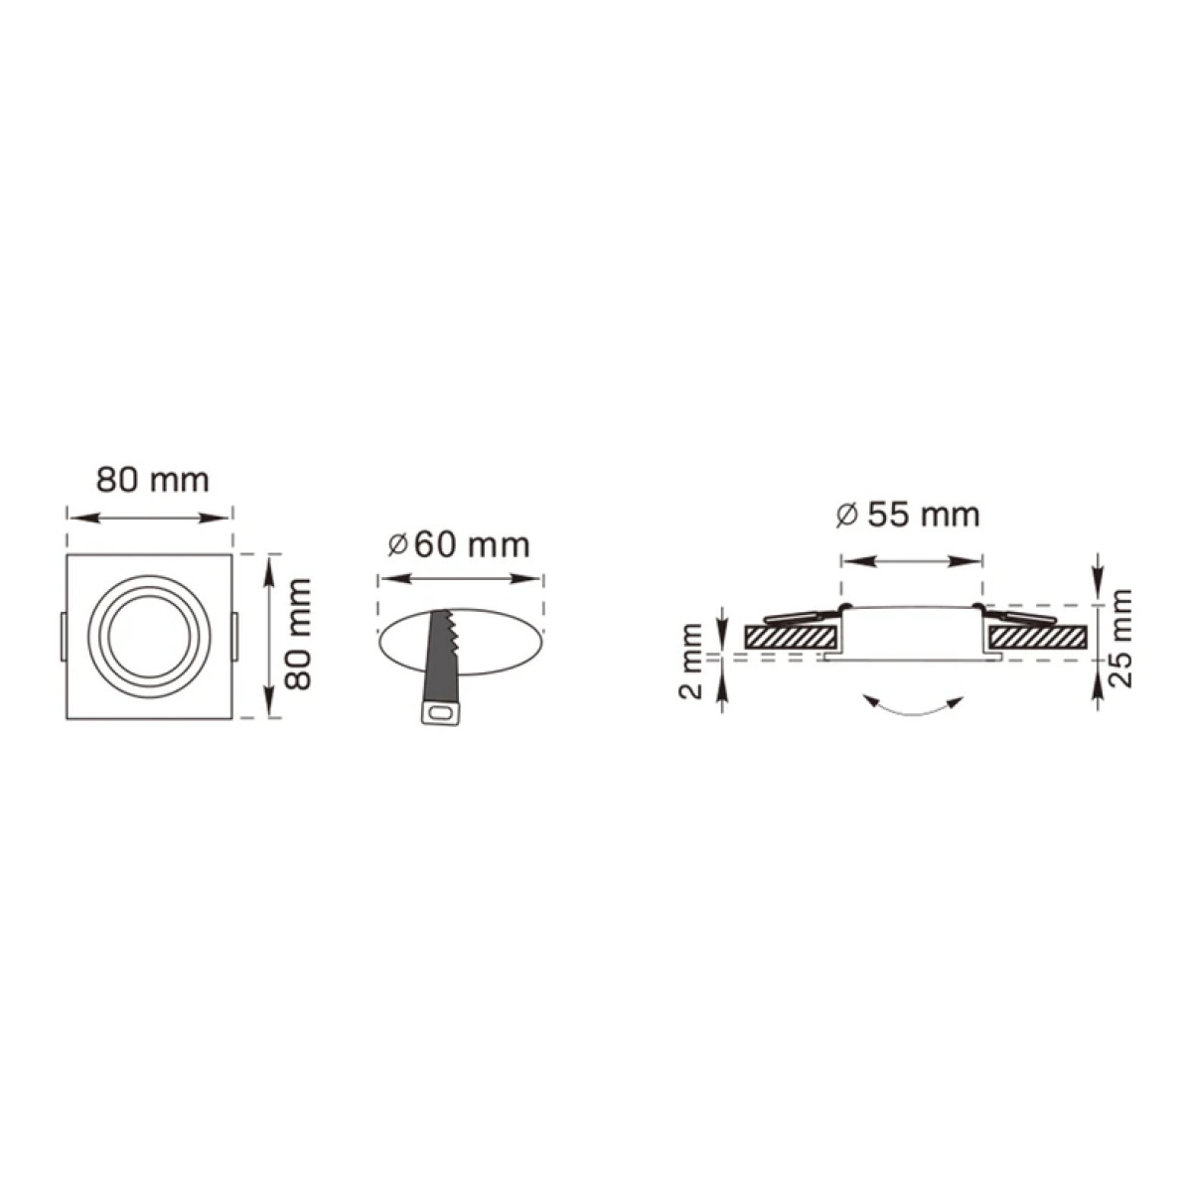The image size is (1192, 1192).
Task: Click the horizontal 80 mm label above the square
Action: coord(153,480)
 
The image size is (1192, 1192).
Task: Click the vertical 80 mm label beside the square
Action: coord(300,635)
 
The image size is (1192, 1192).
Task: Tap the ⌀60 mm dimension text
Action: coord(459,545)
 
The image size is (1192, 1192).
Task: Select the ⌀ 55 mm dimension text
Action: coord(908,515)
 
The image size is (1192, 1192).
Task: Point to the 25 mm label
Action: coord(1120,639)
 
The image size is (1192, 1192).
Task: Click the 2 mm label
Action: coord(691,662)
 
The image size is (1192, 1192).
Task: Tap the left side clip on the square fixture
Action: coord(63,637)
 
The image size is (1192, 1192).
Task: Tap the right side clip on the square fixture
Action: coord(235,637)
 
